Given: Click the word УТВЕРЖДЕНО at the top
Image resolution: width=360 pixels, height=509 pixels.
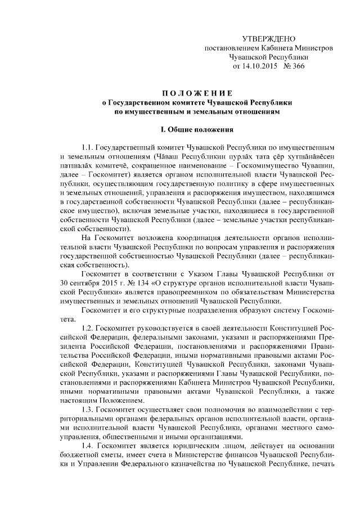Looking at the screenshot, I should point(268,39).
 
